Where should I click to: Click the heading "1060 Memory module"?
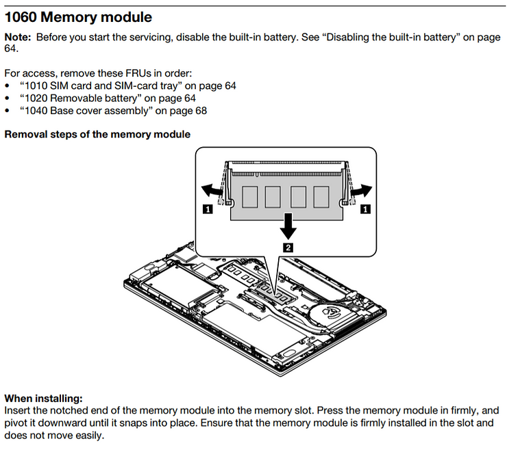tap(79, 16)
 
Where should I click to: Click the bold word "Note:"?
tap(18, 36)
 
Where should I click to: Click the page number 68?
tap(200, 111)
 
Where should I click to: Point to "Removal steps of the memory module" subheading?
tap(97, 134)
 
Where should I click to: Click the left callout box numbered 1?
tap(208, 211)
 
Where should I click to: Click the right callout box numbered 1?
tap(365, 209)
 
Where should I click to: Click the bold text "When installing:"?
tap(43, 398)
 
